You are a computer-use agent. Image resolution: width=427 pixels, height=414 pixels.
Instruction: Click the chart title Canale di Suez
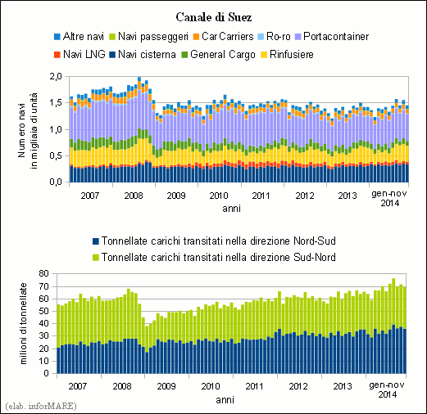214,17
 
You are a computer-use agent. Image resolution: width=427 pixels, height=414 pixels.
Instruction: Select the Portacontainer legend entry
332,36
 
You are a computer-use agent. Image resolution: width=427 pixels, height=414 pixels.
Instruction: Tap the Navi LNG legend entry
79,54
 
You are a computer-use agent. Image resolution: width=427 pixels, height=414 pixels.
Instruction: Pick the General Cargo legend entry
218,55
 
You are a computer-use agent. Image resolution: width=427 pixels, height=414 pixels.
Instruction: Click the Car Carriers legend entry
223,36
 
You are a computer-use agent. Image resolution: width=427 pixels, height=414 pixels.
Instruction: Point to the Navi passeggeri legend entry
149,37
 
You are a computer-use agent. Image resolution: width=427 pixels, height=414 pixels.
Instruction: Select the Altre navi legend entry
79,36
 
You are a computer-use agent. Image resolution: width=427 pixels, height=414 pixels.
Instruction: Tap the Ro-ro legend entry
274,36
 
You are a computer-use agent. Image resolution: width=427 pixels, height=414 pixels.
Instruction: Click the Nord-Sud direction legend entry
214,241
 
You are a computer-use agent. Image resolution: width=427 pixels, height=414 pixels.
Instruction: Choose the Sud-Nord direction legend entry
214,257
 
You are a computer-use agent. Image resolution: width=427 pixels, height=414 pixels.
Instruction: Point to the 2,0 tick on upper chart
56,76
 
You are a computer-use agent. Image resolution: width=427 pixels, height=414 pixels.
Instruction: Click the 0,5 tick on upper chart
56,155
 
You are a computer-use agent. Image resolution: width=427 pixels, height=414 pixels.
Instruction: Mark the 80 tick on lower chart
43,273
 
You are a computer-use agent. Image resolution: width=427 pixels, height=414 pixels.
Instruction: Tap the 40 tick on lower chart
43,323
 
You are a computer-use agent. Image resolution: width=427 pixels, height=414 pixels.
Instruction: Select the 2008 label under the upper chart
134,196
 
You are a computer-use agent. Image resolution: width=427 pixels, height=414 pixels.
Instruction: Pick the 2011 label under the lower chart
254,386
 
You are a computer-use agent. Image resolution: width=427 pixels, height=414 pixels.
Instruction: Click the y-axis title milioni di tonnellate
24,323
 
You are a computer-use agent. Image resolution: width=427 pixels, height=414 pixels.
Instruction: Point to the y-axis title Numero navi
21,130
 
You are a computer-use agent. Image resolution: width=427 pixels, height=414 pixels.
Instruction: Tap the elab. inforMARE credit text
41,406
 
